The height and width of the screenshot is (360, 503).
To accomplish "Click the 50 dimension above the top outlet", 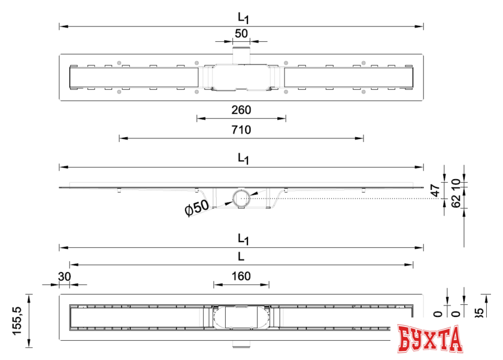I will tap(241, 34).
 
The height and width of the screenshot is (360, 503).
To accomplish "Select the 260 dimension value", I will tap(241, 110).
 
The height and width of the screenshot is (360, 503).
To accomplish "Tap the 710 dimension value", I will tap(241, 129).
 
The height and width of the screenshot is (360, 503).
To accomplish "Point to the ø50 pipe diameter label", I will tap(197, 208).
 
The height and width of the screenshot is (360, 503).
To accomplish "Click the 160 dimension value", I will tap(241, 276).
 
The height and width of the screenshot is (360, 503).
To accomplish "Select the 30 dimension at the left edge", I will tap(64, 276).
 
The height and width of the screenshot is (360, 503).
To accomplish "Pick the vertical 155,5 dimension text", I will tap(19, 320).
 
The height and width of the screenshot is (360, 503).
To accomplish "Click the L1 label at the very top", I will tap(243, 18).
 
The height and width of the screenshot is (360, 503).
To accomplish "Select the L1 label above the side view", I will tap(243, 159).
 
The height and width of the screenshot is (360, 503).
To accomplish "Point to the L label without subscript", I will tap(241, 256).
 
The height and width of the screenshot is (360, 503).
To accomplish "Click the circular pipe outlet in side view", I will tap(241, 198).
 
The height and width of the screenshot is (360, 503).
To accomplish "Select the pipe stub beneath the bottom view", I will tap(241, 346).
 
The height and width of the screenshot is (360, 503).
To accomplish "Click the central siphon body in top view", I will tap(241, 78).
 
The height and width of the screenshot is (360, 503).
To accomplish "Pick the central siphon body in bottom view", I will tap(241, 317).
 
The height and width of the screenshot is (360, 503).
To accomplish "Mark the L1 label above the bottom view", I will tap(243, 239).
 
